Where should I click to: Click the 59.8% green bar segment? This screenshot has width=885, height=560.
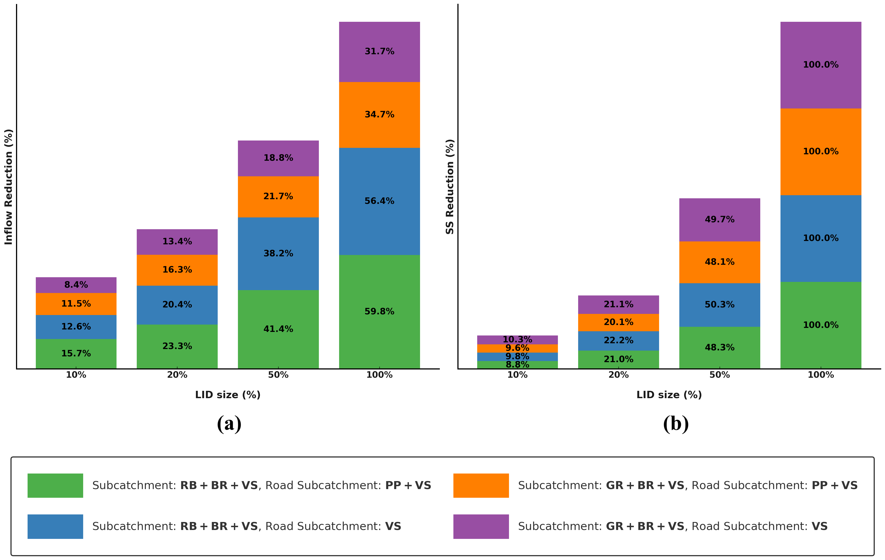pos(379,312)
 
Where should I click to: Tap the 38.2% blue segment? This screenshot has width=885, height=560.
pos(278,253)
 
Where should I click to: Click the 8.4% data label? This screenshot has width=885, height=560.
pos(76,285)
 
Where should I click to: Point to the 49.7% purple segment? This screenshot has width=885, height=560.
pos(719,220)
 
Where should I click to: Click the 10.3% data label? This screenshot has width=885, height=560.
pos(517,339)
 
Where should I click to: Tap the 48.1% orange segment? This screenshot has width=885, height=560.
pos(719,262)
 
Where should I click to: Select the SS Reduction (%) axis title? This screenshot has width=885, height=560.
pos(450,187)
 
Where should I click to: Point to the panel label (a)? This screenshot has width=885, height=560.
pos(229,424)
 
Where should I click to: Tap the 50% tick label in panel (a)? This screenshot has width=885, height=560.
pos(278,375)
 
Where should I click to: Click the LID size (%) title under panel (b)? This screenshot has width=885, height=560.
pos(669,395)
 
